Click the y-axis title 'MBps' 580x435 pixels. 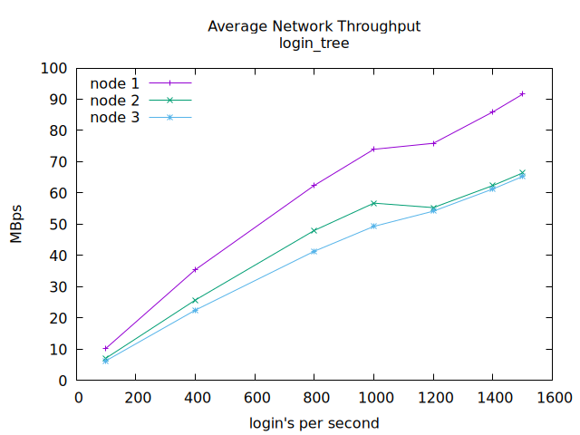click(16, 224)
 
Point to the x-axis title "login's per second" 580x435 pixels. click(314, 423)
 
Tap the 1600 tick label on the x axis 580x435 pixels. click(552, 397)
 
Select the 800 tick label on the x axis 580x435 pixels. click(314, 397)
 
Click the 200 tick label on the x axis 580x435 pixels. click(137, 397)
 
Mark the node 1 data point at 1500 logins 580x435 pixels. click(522, 93)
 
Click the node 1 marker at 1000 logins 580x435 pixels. click(373, 149)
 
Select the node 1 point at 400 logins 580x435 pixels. click(195, 269)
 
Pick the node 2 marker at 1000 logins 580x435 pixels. click(373, 203)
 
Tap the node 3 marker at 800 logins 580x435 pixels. click(314, 251)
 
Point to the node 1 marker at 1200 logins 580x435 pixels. click(433, 143)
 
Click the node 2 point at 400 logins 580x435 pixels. click(195, 300)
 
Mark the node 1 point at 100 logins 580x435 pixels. click(106, 348)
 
